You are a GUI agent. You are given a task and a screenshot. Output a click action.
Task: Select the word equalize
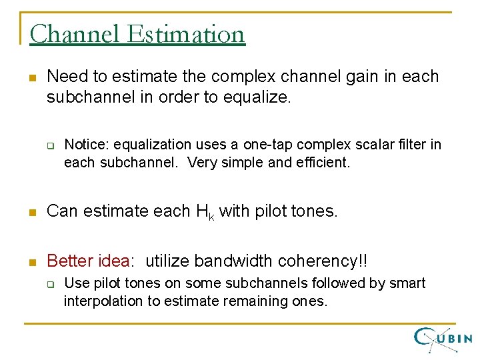pyautogui.click(x=256, y=98)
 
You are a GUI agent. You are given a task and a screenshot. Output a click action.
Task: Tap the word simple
pyautogui.click(x=243, y=163)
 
